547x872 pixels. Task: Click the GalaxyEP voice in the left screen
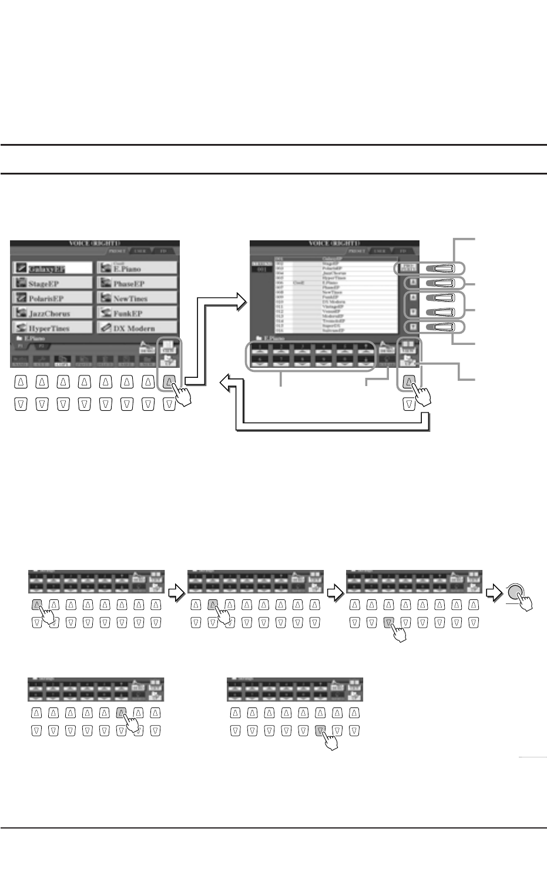coord(52,269)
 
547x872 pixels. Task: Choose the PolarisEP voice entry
coord(52,299)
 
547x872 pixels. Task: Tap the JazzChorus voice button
coord(52,313)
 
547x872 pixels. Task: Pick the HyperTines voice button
coord(52,328)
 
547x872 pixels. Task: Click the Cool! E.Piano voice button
coord(137,268)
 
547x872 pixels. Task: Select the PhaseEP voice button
coord(137,283)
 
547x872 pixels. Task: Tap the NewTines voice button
coord(137,299)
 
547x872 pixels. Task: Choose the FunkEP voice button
coord(137,313)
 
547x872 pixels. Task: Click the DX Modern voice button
coord(137,328)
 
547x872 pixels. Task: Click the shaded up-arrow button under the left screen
coord(169,382)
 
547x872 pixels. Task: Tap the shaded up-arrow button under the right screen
coord(409,382)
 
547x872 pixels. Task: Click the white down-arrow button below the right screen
coord(409,404)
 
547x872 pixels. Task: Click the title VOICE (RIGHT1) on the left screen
coord(95,243)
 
